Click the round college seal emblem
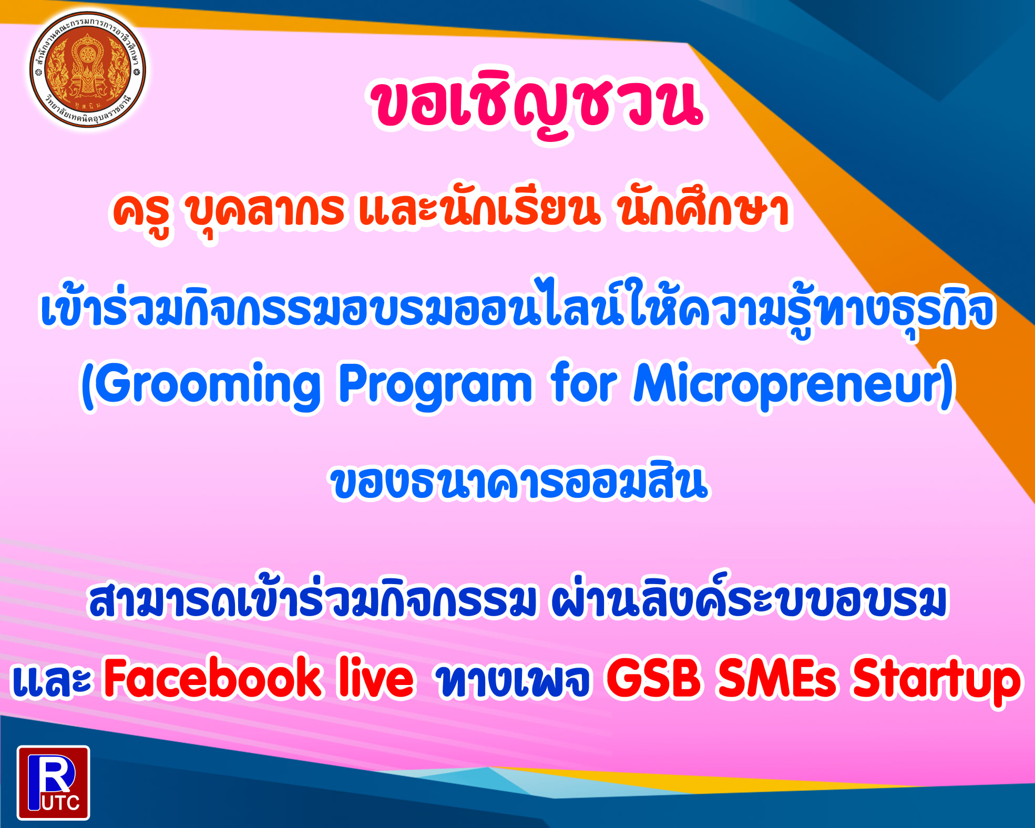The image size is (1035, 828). click(88, 70)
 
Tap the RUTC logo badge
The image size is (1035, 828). click(53, 782)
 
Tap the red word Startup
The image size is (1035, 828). click(936, 681)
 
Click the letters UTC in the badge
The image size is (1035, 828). click(60, 802)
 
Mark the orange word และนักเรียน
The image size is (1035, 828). click(478, 210)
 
